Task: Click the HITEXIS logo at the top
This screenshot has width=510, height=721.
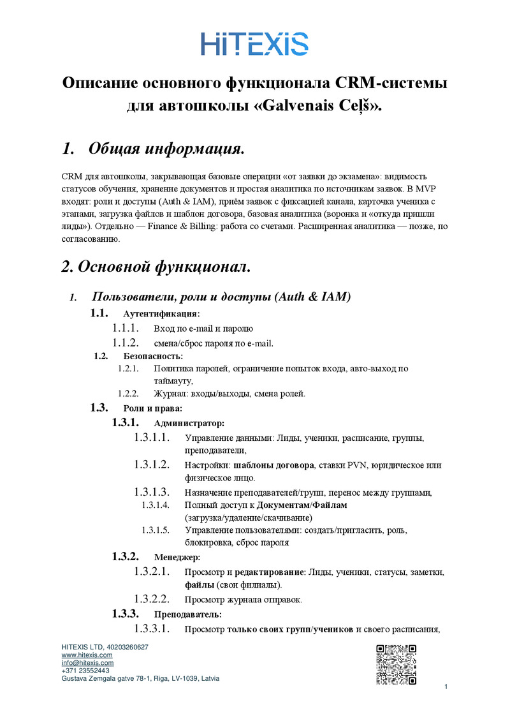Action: pyautogui.click(x=255, y=43)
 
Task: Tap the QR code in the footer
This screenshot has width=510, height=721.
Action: pyautogui.click(x=396, y=665)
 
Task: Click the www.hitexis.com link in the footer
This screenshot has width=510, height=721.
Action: pyautogui.click(x=87, y=655)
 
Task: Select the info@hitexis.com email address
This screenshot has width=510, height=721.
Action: pyautogui.click(x=87, y=663)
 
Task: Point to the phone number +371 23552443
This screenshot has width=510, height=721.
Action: pyautogui.click(x=85, y=671)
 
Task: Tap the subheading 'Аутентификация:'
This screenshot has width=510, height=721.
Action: pyautogui.click(x=161, y=314)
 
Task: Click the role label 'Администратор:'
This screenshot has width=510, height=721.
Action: pyautogui.click(x=189, y=423)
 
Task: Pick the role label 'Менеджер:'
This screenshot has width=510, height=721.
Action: pyautogui.click(x=177, y=557)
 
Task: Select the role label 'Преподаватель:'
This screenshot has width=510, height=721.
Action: pyautogui.click(x=188, y=614)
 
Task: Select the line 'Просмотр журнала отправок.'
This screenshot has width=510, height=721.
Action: pyautogui.click(x=243, y=599)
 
